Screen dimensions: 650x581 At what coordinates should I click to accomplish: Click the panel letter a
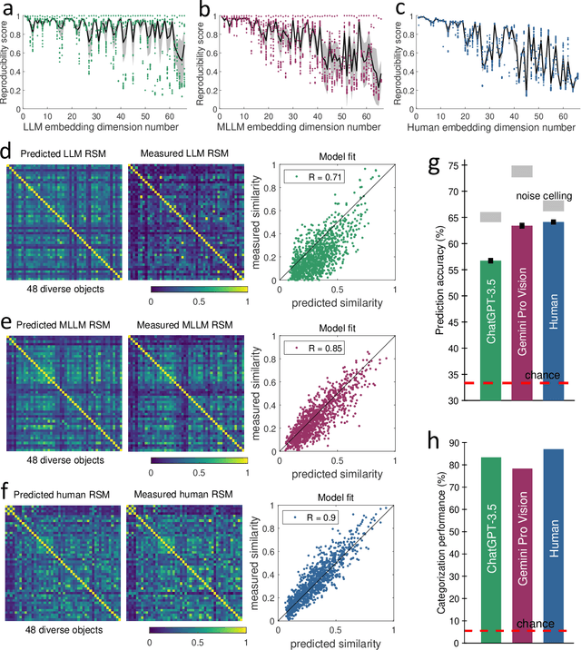(x=9, y=10)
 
